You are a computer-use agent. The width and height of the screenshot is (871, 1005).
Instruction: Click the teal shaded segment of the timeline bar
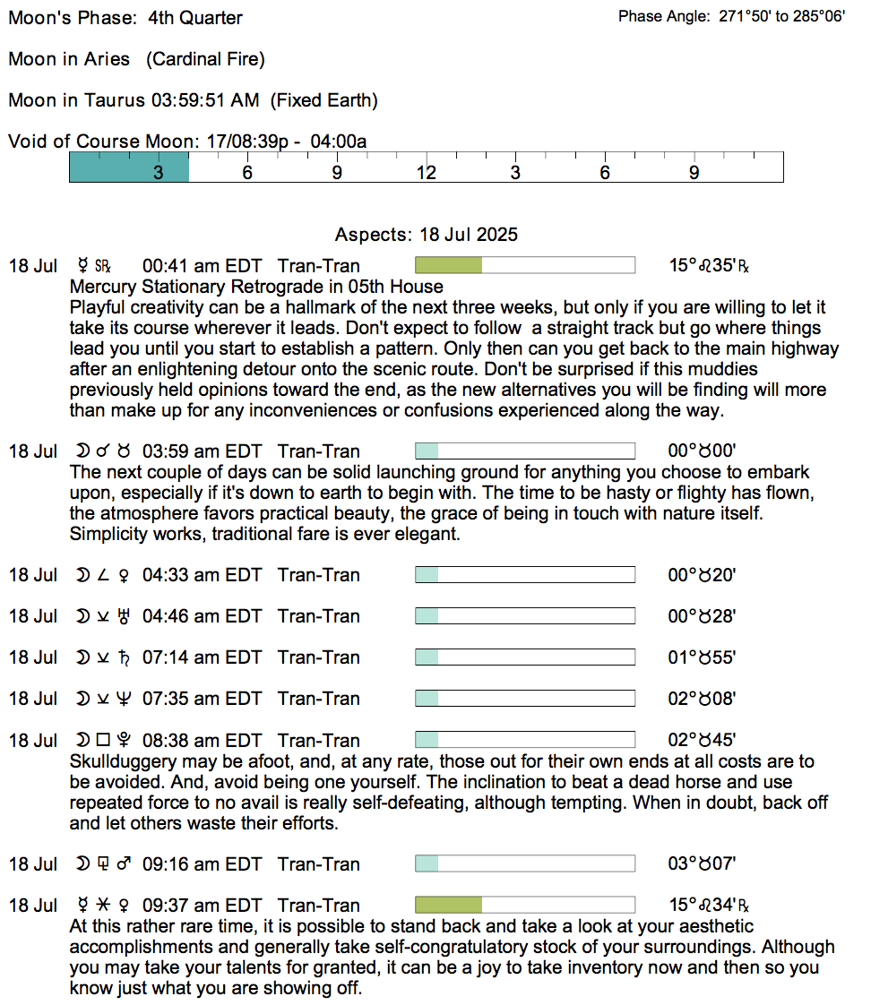pyautogui.click(x=129, y=167)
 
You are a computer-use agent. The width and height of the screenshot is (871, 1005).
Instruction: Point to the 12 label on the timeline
pyautogui.click(x=426, y=173)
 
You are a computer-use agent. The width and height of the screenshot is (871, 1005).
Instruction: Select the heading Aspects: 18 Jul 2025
pyautogui.click(x=427, y=235)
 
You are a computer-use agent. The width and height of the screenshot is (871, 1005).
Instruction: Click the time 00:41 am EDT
pyautogui.click(x=202, y=266)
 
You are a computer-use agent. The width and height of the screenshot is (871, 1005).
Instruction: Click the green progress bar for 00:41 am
pyautogui.click(x=449, y=266)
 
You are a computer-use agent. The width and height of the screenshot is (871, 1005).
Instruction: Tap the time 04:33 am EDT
pyautogui.click(x=202, y=575)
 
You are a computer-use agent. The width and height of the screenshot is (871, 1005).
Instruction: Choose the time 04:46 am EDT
pyautogui.click(x=202, y=616)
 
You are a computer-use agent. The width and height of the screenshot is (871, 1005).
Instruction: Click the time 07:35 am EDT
pyautogui.click(x=202, y=699)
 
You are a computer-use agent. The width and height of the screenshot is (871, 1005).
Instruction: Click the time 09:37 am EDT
pyautogui.click(x=202, y=906)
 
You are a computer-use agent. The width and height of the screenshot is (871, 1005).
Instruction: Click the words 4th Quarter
pyautogui.click(x=195, y=18)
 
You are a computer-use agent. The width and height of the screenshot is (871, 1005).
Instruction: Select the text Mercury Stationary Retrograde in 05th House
pyautogui.click(x=256, y=287)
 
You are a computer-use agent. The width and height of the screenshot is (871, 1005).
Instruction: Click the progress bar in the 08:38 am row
pyautogui.click(x=524, y=741)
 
